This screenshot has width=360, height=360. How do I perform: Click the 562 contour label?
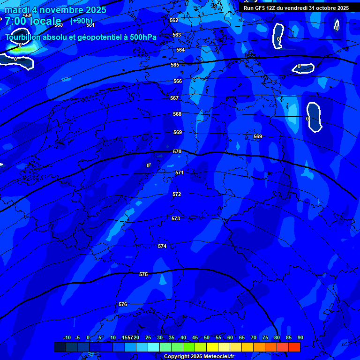[x=174, y=20]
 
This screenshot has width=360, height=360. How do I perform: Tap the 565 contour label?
[x=175, y=65]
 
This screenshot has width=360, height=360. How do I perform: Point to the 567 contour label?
[x=174, y=98]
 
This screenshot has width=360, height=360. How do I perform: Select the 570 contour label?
[x=177, y=151]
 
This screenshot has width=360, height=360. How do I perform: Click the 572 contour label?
[x=177, y=194]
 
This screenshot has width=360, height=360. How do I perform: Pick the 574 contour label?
[x=162, y=246]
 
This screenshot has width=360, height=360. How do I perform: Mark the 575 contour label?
[x=143, y=274]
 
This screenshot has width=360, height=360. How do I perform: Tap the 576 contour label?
[x=123, y=304]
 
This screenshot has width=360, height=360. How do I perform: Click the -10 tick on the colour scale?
[x=67, y=337]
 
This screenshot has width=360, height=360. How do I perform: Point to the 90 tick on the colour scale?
[x=300, y=337]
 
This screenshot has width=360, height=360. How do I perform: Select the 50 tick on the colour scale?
[x=207, y=337]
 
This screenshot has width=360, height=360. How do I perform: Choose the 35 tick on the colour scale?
[x=172, y=337]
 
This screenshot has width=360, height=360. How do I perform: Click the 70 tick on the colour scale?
[x=254, y=337]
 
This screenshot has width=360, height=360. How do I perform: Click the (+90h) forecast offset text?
[x=81, y=21]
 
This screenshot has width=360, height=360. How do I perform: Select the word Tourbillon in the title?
[x=25, y=37]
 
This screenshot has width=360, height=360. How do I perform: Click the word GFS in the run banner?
[x=261, y=8]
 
